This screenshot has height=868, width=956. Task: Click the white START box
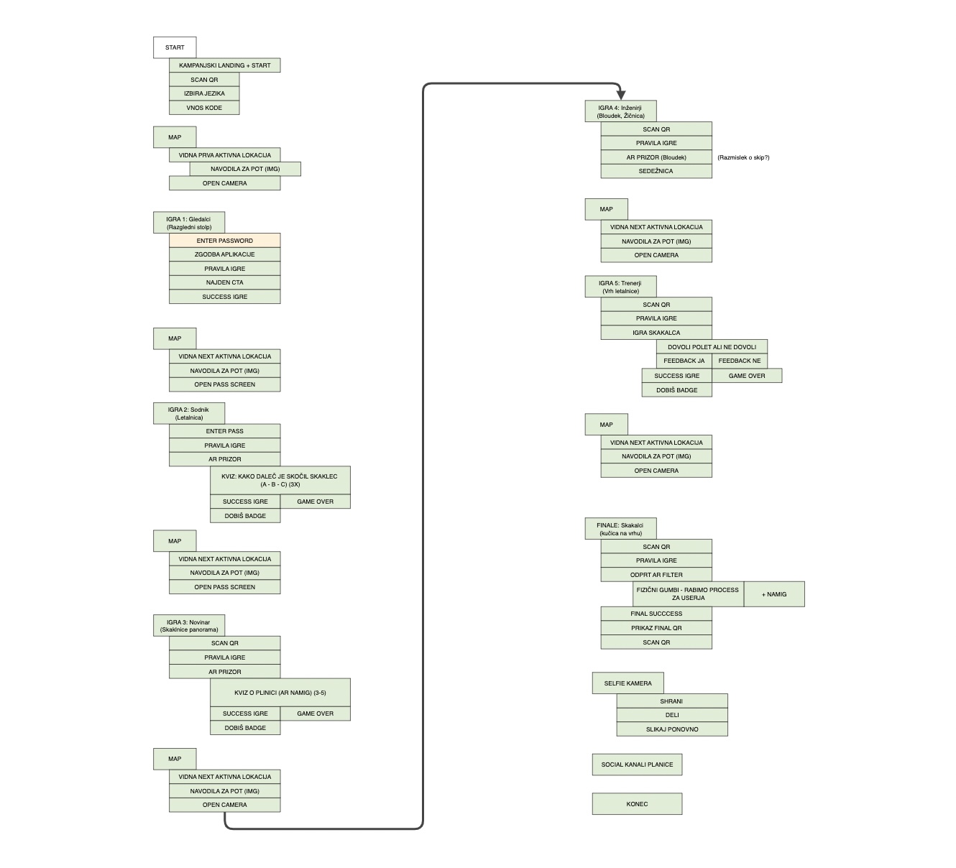(175, 47)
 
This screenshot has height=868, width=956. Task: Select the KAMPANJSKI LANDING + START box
(224, 65)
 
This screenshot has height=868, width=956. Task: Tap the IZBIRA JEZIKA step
(204, 93)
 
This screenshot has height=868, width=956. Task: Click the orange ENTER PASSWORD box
(224, 241)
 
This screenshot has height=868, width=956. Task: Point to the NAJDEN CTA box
(224, 282)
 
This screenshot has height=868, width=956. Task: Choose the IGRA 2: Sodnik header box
(189, 413)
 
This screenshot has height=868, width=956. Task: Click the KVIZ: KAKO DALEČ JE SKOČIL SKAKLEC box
(280, 480)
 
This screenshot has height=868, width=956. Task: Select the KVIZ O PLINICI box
(280, 692)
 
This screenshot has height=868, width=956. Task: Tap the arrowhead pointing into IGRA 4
(620, 96)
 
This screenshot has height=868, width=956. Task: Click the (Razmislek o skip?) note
(743, 157)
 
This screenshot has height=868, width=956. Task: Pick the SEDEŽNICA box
(656, 171)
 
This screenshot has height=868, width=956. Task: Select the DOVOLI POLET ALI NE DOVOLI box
(712, 347)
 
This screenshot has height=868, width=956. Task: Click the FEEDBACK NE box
(740, 361)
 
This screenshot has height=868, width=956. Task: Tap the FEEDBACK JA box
(684, 361)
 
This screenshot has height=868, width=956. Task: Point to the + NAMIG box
(774, 594)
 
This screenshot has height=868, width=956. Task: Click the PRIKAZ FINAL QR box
(656, 628)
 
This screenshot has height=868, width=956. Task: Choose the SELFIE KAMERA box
(628, 683)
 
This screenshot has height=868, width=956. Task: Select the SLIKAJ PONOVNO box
(672, 729)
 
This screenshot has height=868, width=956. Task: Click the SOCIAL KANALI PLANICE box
(637, 764)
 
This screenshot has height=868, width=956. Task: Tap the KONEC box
(637, 803)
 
